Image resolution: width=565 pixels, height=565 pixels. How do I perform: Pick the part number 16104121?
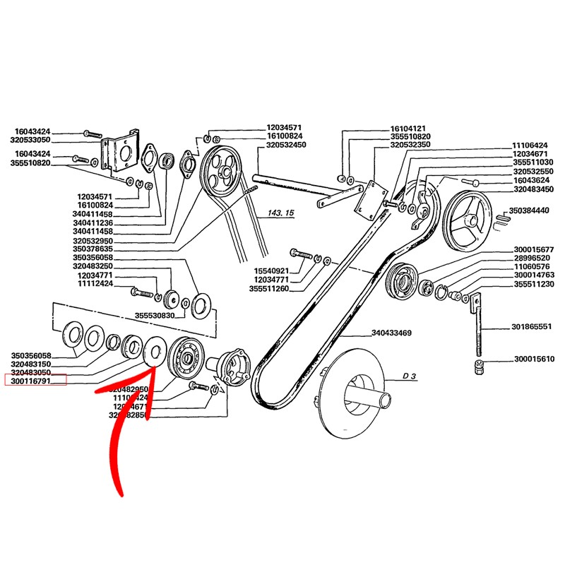coord(410,130)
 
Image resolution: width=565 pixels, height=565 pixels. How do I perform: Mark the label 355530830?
coord(153,316)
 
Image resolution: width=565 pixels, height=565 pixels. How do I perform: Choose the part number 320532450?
coord(286,145)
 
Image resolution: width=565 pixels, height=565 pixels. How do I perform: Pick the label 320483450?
coord(533,189)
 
